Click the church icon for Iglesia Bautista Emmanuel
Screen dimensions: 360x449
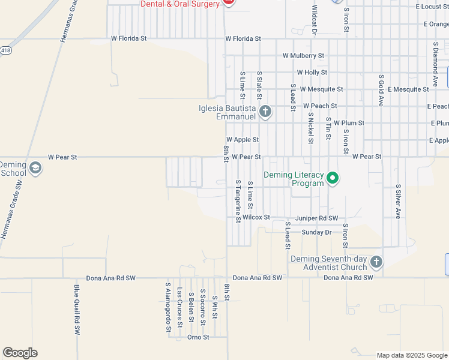pos(265,111)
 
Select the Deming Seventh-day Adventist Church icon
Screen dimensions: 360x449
pos(376,262)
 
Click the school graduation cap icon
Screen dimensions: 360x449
pos(35,168)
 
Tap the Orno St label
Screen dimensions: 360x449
pos(197,337)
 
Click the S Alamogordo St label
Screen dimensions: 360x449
pos(169,307)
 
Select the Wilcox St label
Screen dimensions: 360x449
pos(256,217)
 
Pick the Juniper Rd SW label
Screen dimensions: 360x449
pos(316,218)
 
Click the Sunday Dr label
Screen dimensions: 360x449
pos(316,232)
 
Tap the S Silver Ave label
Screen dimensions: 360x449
pos(397,201)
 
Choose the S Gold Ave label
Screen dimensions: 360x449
pos(381,91)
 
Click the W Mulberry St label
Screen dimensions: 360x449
pos(304,56)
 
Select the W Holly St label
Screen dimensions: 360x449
pos(312,72)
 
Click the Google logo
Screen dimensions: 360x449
pos(20,353)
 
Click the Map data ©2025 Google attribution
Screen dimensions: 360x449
pos(411,355)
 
